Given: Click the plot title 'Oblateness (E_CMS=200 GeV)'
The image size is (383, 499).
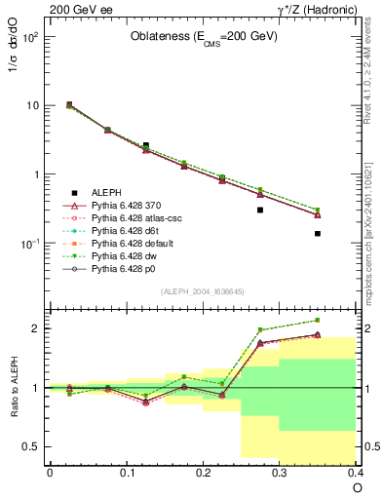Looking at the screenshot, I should pos(204,37).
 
